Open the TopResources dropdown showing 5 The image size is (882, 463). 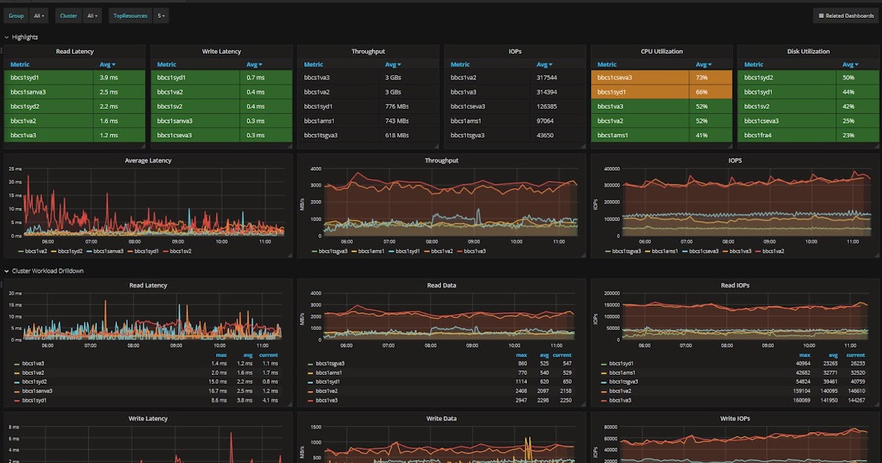pos(161,15)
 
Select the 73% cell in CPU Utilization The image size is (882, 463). pos(701,77)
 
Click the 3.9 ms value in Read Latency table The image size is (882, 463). pos(109,77)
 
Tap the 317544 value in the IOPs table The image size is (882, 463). pos(547,77)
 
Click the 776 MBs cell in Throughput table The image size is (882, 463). pos(398,107)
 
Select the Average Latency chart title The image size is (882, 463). pos(148,160)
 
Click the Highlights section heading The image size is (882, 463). pos(25,37)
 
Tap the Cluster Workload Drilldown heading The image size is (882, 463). pos(48,270)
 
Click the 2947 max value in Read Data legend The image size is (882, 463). pos(523,401)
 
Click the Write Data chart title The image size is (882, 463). pos(442,418)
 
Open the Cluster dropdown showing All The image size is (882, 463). pos(93,15)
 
